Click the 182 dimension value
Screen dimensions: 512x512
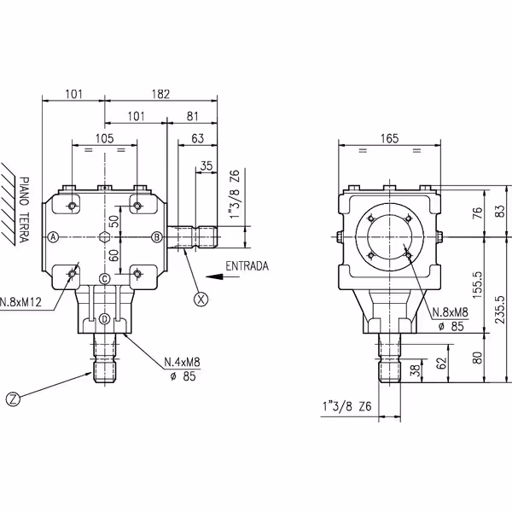click(160, 93)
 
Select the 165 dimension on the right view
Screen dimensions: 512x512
click(389, 137)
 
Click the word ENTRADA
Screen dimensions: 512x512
click(247, 266)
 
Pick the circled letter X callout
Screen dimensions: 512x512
click(201, 299)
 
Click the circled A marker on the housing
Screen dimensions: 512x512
click(53, 236)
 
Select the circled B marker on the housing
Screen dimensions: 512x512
click(156, 236)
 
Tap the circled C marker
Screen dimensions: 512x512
click(104, 278)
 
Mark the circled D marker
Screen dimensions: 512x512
click(104, 318)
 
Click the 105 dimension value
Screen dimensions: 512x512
click(104, 137)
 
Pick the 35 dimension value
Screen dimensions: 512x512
click(206, 165)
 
